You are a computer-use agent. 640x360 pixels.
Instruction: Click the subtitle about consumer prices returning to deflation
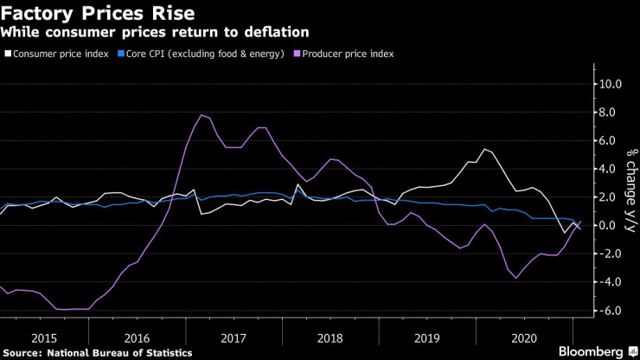(x=156, y=32)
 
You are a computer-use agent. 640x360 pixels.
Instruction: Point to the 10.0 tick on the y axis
(x=608, y=84)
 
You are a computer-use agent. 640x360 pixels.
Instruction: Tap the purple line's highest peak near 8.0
(x=201, y=115)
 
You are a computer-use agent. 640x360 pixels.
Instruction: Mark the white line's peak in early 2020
(x=484, y=149)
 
